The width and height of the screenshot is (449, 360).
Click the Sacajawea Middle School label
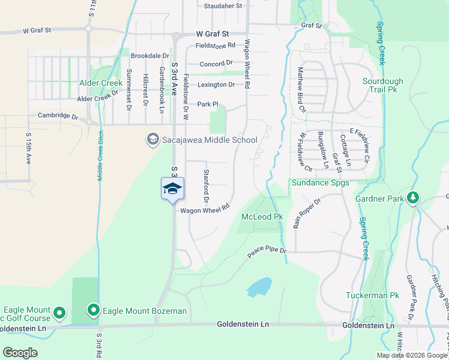209,140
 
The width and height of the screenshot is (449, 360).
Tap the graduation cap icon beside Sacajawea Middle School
153,140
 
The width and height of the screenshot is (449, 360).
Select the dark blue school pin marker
172,189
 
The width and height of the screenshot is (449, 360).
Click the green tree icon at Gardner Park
412,198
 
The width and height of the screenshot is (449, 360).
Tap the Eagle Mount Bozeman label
145,311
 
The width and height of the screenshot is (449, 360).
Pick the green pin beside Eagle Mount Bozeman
94,310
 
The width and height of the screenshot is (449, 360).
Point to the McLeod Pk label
262,216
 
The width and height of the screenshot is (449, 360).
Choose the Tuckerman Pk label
372,296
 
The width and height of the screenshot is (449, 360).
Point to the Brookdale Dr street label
150,55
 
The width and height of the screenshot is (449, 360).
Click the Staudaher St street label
223,6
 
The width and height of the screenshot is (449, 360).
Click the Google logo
20,352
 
